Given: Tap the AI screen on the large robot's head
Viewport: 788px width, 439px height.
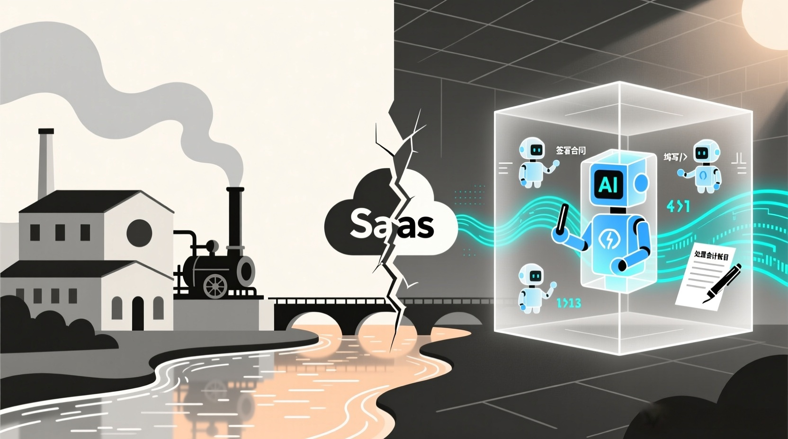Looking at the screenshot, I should pyautogui.click(x=608, y=184).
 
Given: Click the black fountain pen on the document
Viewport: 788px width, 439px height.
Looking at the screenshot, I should pyautogui.click(x=723, y=284).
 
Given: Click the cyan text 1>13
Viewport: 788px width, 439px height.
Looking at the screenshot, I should pyautogui.click(x=568, y=303).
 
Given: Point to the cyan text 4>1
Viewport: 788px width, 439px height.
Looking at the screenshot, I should pyautogui.click(x=678, y=206).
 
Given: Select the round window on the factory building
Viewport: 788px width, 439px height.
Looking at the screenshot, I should pyautogui.click(x=139, y=232).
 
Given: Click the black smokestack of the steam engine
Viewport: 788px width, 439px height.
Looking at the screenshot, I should pyautogui.click(x=235, y=222).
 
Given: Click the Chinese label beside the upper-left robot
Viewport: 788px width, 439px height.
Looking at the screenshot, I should pyautogui.click(x=570, y=151).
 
